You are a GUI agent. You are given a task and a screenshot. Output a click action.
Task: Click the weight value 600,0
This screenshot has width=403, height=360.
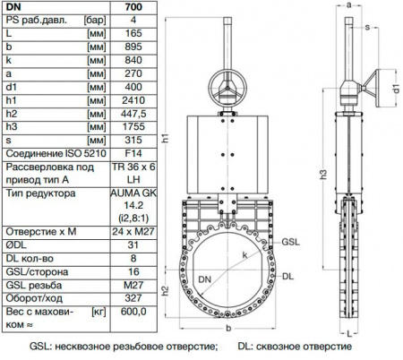133,315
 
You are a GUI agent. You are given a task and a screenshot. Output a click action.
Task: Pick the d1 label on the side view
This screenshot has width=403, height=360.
396,88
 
